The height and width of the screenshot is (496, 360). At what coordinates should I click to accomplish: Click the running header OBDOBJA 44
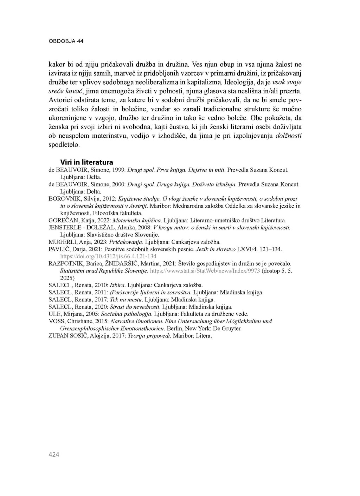66,41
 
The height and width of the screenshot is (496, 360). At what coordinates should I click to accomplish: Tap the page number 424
54,455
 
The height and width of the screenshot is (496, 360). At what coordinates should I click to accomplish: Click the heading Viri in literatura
87,162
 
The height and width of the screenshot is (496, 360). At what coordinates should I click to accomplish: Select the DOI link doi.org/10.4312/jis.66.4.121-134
108,256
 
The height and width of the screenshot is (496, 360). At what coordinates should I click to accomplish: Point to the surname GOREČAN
61,221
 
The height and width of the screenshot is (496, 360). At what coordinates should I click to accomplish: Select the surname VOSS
56,321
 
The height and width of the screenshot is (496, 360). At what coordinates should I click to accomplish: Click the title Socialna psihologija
131,314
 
